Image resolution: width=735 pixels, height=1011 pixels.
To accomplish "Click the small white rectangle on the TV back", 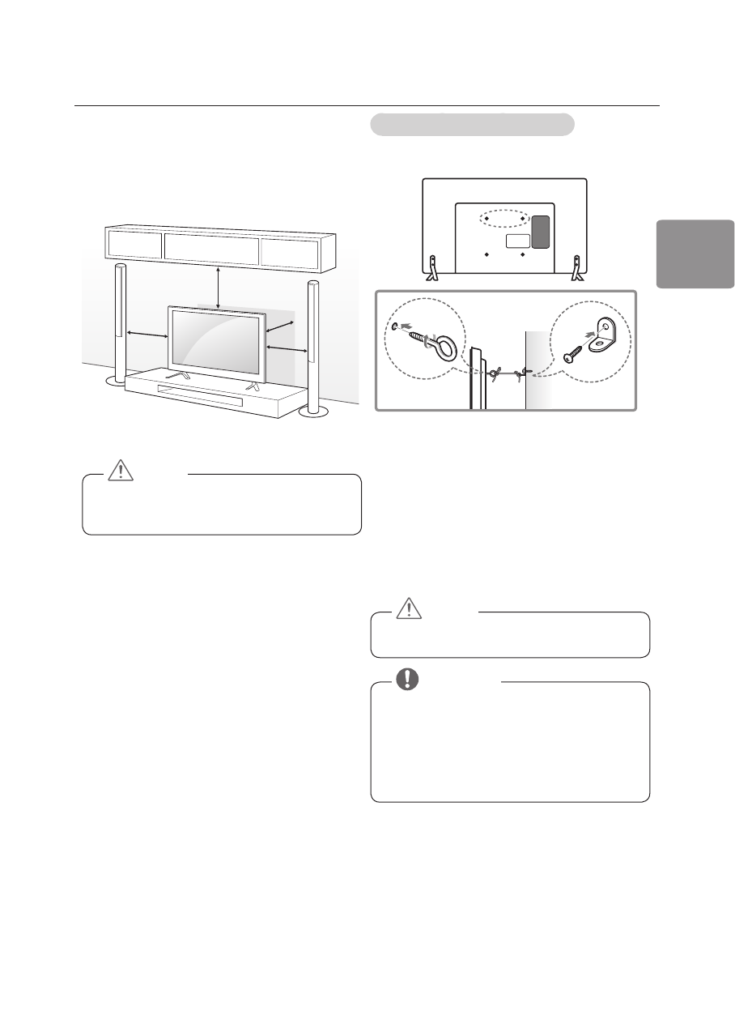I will pos(516,241).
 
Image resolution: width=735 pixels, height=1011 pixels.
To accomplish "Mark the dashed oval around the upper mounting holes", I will pos(504,220).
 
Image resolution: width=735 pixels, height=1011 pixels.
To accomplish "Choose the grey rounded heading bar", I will pos(472,125).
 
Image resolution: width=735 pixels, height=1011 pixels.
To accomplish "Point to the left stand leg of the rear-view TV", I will pos(431,268).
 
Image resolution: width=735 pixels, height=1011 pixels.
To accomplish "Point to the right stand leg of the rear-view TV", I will pos(577,268).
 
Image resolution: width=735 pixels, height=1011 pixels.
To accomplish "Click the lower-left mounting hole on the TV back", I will pos(486,254).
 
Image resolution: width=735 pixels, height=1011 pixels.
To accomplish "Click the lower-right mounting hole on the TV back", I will pos(523,254).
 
